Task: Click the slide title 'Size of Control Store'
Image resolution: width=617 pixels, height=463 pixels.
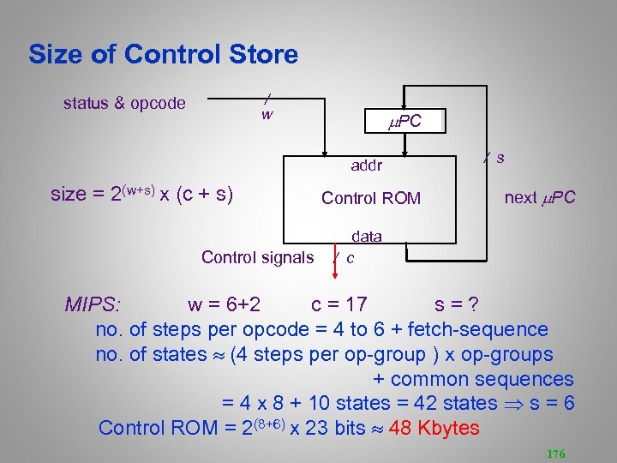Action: click(x=163, y=55)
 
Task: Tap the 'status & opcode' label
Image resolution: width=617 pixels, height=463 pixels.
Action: click(x=124, y=104)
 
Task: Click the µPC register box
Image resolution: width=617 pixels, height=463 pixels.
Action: click(x=404, y=121)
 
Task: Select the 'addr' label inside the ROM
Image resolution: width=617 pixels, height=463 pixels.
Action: click(x=366, y=165)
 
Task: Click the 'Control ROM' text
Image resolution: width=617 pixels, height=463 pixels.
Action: click(x=371, y=198)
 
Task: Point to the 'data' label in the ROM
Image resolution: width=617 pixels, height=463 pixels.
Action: click(x=365, y=236)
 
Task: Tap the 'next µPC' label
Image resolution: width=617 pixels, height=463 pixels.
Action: click(x=540, y=198)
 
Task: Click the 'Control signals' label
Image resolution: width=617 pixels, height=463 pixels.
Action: click(x=257, y=257)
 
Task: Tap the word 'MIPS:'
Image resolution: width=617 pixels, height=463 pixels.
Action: click(x=93, y=304)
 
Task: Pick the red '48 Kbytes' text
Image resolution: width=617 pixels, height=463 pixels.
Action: click(x=434, y=428)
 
